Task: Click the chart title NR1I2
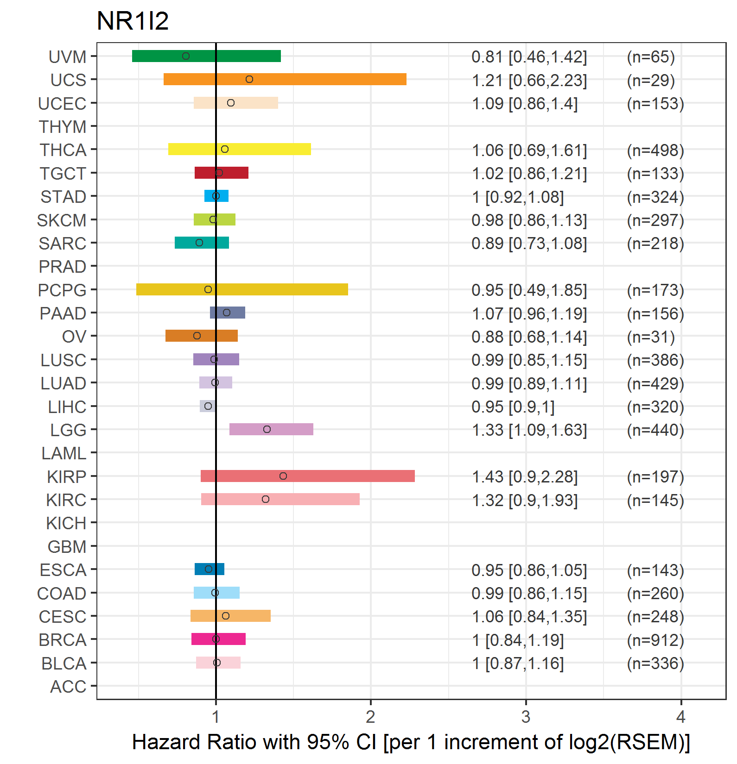(133, 21)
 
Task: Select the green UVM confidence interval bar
(206, 56)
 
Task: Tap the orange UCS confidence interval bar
(285, 79)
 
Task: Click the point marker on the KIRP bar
(283, 476)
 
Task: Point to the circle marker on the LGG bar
(267, 429)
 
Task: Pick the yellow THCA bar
(240, 149)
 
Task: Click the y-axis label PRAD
(63, 267)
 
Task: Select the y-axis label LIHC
(67, 407)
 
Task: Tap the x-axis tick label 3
(526, 717)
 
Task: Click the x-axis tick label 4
(680, 717)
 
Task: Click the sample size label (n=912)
(655, 640)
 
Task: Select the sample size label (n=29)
(651, 80)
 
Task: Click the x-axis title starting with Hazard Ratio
(411, 742)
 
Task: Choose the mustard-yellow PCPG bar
(242, 289)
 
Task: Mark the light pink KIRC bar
(280, 499)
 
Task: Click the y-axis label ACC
(68, 687)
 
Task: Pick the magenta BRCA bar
(218, 639)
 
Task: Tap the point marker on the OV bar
(197, 336)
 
